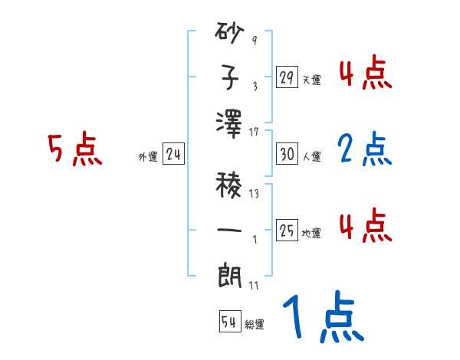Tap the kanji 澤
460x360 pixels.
(230, 125)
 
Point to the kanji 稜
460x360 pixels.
(230, 184)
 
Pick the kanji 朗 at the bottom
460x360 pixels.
(230, 275)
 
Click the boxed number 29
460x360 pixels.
(287, 77)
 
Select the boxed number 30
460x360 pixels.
(287, 155)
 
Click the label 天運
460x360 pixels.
(311, 80)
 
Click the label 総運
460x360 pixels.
(255, 325)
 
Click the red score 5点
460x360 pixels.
(75, 150)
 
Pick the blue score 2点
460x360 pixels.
(364, 149)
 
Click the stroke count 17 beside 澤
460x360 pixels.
(253, 133)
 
